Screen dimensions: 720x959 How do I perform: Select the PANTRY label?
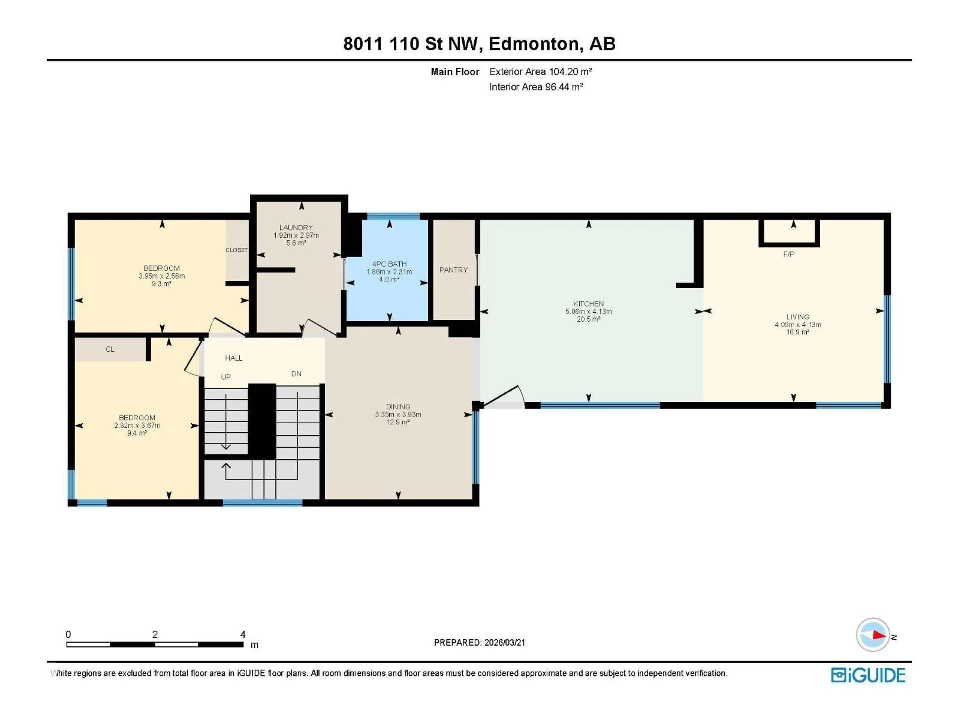[453, 270]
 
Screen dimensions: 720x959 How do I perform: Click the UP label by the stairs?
[226, 377]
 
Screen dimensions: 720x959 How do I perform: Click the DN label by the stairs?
[296, 374]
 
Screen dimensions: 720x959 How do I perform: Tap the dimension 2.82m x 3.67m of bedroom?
[137, 425]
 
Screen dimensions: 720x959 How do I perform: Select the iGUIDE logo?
[868, 675]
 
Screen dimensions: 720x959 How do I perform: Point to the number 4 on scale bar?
[243, 634]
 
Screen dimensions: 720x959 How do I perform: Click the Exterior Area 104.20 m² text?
[540, 71]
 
